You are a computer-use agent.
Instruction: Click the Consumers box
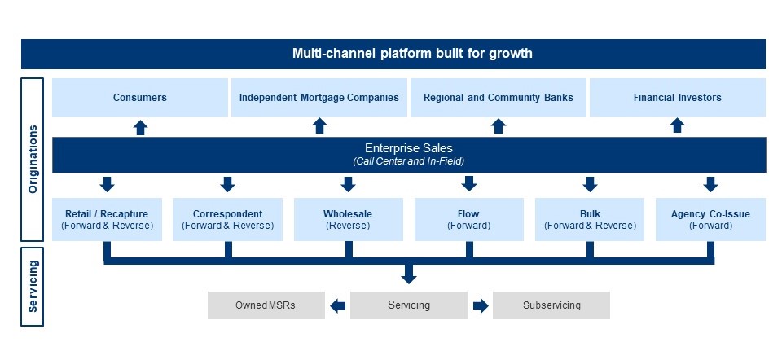[139, 98]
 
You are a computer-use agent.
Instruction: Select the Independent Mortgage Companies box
[319, 98]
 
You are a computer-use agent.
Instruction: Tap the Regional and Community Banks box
[499, 98]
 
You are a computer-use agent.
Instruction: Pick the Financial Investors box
[677, 98]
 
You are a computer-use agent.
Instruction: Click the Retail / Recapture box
[107, 219]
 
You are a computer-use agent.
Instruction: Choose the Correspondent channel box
[227, 219]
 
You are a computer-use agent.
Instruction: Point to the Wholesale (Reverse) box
[348, 219]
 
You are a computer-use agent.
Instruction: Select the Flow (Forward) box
[469, 219]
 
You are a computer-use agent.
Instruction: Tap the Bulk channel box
[590, 219]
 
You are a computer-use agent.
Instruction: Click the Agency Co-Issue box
[710, 219]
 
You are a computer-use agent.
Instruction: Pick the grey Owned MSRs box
[266, 305]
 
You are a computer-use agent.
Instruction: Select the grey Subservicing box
[551, 305]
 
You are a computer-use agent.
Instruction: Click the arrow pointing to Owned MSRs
[337, 305]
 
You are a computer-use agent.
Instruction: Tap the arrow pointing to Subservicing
[481, 305]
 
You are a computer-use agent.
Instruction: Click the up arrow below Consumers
[141, 127]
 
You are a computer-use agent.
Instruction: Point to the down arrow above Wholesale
[348, 184]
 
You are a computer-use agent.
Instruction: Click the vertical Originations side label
[33, 159]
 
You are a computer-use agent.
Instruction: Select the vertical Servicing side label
[33, 286]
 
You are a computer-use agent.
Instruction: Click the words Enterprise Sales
[409, 148]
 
